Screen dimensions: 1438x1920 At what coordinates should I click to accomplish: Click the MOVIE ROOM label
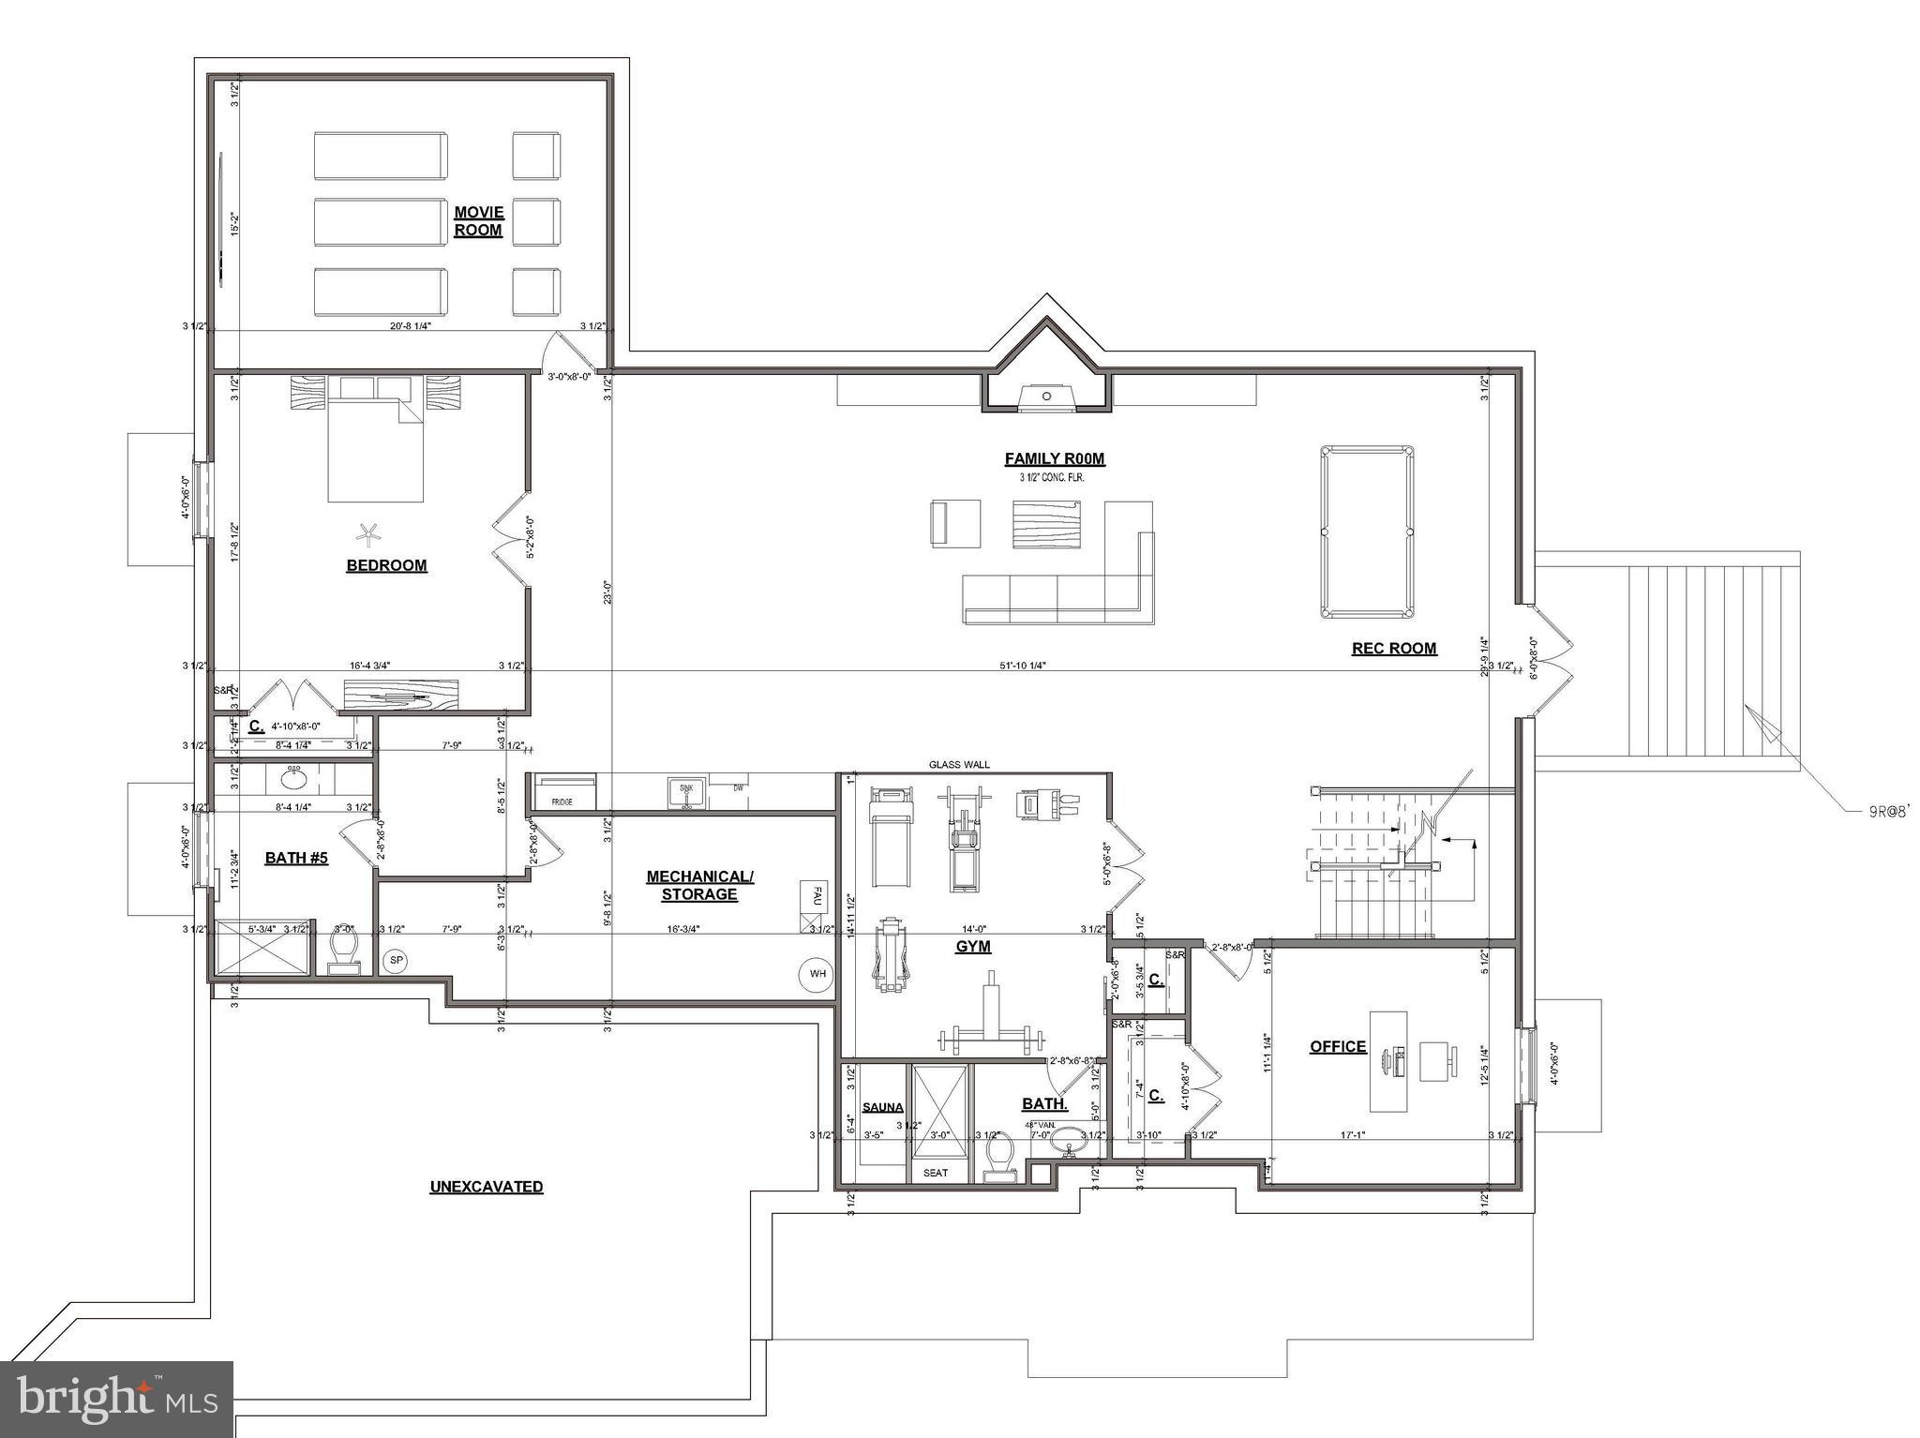point(478,221)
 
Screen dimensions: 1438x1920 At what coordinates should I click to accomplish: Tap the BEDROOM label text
point(386,565)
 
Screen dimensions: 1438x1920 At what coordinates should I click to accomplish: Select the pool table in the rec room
point(1367,532)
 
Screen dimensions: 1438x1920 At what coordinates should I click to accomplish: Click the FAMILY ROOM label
point(1055,458)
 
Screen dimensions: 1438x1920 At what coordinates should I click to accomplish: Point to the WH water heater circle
point(817,974)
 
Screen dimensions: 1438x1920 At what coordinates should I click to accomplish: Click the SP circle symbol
point(396,962)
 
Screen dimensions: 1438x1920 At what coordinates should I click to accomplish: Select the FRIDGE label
point(562,802)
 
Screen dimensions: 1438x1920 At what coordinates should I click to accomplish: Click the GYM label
point(972,947)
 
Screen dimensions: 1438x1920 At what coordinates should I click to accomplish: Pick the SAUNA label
point(882,1107)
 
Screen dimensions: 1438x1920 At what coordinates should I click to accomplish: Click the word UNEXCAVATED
point(486,1187)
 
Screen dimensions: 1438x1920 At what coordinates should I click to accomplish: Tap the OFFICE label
point(1337,1046)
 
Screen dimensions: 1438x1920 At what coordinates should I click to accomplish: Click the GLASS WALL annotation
point(959,765)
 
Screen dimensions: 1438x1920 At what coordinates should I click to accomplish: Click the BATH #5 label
point(296,858)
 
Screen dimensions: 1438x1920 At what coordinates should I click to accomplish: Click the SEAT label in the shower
point(935,1173)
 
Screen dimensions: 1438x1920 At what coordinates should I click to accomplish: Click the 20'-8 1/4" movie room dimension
point(410,326)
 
